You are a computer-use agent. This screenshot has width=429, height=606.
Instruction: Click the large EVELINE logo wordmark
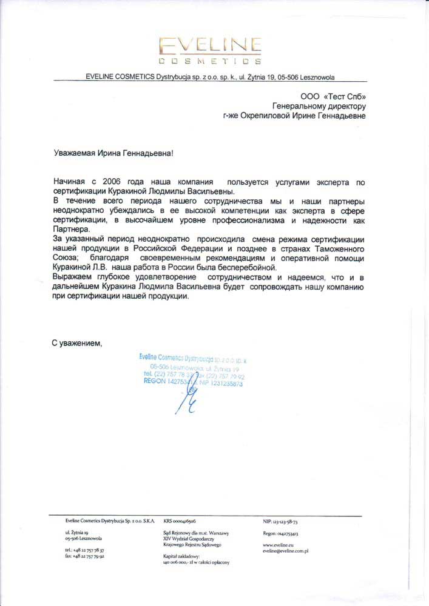point(210,46)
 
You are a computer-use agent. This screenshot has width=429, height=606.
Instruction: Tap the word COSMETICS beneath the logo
point(210,61)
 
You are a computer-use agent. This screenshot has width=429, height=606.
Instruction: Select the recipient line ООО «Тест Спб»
point(333,95)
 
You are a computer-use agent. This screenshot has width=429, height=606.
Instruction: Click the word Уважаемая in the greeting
point(75,154)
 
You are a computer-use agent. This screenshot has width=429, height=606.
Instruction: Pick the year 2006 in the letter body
point(117,181)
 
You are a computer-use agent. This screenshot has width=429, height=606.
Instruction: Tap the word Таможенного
point(338,249)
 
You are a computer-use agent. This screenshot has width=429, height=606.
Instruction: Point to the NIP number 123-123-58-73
point(280,520)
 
